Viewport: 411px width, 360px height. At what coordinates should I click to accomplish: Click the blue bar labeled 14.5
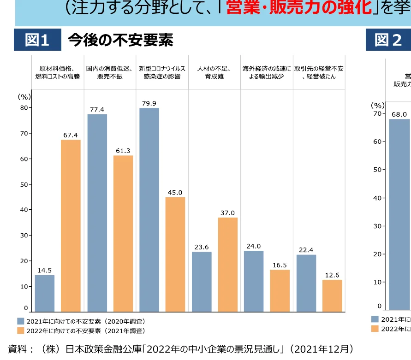click(x=44, y=293)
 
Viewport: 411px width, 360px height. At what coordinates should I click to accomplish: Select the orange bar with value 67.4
click(x=71, y=225)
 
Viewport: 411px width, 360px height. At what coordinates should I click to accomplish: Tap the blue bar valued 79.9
click(x=149, y=210)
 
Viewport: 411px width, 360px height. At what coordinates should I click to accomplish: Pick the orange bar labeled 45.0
click(x=175, y=254)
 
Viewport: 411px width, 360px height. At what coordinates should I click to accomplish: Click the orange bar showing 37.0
click(x=228, y=265)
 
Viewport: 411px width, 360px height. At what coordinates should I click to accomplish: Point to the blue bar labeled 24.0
click(x=254, y=281)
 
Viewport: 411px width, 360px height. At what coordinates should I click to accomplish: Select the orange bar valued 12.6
click(x=332, y=295)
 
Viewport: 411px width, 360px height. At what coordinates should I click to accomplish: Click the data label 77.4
click(x=97, y=109)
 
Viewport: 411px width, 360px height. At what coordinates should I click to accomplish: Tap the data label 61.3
click(x=123, y=151)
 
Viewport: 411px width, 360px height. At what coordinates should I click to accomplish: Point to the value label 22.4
click(x=306, y=250)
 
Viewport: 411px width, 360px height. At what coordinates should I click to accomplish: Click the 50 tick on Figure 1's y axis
click(x=24, y=184)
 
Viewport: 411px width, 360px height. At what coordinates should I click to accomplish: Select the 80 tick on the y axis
click(x=24, y=108)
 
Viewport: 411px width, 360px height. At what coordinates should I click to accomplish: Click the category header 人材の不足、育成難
click(x=214, y=72)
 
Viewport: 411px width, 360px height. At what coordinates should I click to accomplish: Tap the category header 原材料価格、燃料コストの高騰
click(x=58, y=72)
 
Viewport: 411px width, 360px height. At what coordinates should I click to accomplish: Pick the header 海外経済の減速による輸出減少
click(x=267, y=72)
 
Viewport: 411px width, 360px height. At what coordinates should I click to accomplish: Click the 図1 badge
click(x=37, y=40)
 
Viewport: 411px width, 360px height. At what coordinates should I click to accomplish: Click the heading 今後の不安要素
click(x=120, y=40)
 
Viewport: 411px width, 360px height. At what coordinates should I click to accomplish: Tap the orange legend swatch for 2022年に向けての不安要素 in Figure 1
click(x=21, y=330)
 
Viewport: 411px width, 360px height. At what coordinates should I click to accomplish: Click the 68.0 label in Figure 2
click(x=399, y=114)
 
